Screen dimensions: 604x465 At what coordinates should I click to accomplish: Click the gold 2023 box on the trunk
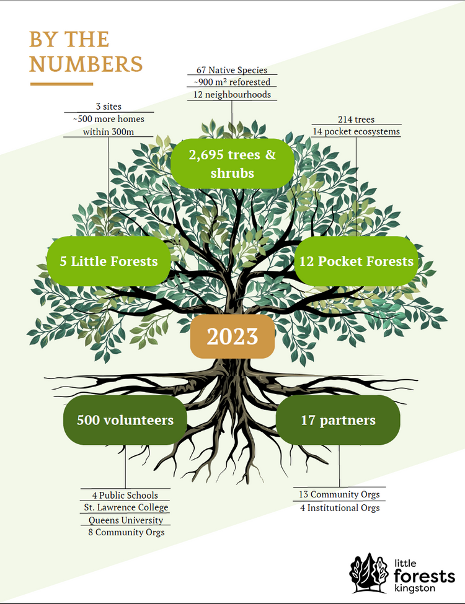tap(232, 336)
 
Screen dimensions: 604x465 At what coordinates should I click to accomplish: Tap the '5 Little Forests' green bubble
tap(108, 261)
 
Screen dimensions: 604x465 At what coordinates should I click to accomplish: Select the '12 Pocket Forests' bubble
tap(356, 261)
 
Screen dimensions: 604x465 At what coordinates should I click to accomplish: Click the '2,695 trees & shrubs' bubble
tap(232, 163)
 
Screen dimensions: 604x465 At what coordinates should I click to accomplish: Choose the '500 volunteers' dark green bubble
tap(125, 420)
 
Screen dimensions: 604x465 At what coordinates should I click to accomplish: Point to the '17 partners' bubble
tap(338, 420)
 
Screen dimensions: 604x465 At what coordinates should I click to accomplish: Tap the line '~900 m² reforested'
tap(232, 82)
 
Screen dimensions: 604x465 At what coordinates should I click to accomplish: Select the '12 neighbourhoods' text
tap(232, 94)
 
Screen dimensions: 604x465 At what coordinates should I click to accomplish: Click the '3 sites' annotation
tap(108, 107)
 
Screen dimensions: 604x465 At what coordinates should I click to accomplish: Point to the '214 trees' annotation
tap(356, 119)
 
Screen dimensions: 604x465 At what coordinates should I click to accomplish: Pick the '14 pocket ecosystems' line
tap(356, 131)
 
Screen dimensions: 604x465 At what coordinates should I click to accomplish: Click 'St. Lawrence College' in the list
tap(126, 507)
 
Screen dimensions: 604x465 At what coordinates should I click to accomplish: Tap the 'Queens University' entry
tap(126, 520)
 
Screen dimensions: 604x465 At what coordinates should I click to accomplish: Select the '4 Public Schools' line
tap(125, 495)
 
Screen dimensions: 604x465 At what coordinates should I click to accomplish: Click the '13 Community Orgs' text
tap(339, 494)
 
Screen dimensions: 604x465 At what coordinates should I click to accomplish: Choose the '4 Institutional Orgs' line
tap(339, 507)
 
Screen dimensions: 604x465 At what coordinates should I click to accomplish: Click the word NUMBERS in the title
tap(86, 64)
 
